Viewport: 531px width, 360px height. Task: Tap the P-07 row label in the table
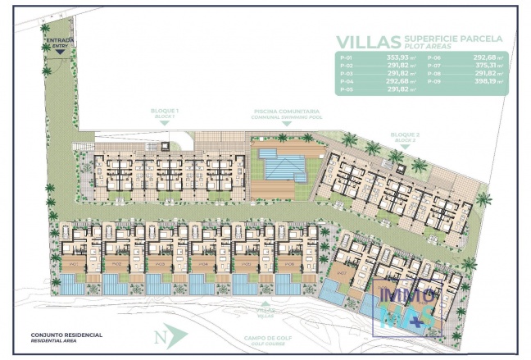click(435, 66)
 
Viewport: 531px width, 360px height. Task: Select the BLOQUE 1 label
click(165, 110)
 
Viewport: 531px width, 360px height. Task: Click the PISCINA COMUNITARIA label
click(286, 110)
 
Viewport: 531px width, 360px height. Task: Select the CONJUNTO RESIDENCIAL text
click(66, 335)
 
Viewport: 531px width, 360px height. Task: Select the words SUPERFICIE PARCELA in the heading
click(456, 38)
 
